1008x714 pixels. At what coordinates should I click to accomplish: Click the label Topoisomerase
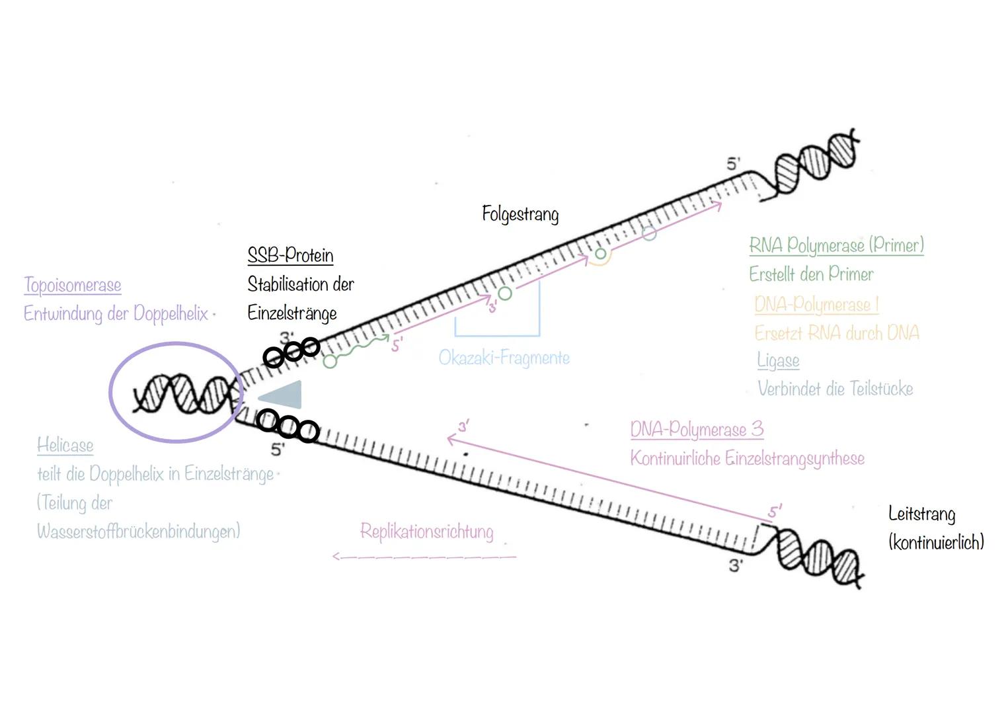73,285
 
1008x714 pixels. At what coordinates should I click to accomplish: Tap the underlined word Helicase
65,445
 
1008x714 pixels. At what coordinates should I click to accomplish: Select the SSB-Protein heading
290,255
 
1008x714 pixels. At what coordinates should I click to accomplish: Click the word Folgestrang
520,214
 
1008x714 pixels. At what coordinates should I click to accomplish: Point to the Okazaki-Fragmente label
504,358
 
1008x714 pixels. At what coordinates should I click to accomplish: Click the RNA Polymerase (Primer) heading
836,245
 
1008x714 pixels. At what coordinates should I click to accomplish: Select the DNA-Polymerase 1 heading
816,304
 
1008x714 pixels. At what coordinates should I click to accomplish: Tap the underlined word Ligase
778,360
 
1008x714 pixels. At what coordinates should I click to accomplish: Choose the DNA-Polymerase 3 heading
697,430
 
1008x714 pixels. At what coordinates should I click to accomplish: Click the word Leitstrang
921,514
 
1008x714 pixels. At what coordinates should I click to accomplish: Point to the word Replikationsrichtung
427,532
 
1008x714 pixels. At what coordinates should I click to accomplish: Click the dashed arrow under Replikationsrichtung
423,557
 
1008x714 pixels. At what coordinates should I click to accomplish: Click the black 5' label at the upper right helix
733,163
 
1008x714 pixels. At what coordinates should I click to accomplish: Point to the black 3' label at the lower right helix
736,565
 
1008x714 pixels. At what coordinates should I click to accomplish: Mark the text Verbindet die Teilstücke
835,389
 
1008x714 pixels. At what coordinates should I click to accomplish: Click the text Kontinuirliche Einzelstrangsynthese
747,458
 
